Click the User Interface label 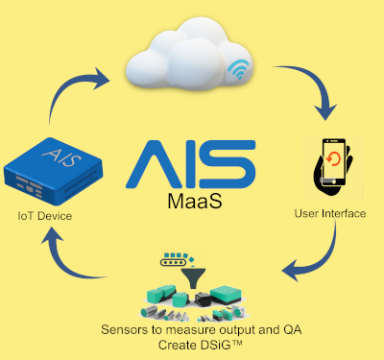pos(329,213)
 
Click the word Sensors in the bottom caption pos(126,329)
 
